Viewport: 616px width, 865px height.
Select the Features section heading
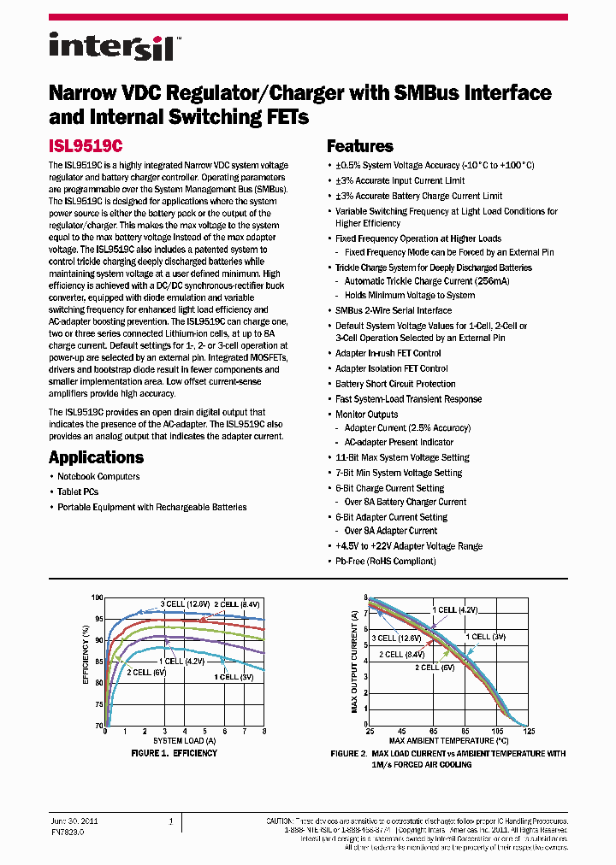tap(360, 146)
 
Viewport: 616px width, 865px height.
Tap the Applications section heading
tap(96, 457)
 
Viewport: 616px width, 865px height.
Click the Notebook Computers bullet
tap(98, 476)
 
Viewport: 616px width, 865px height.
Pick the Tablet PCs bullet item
tap(78, 491)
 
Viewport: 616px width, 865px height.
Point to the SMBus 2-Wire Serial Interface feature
tap(394, 310)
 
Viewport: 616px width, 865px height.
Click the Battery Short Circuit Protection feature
tap(395, 384)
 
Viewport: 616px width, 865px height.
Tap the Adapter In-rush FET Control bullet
tap(388, 353)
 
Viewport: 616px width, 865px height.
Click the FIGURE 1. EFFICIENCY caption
tap(174, 753)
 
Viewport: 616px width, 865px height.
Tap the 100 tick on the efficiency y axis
tap(97, 597)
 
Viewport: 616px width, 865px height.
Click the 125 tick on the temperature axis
tap(529, 731)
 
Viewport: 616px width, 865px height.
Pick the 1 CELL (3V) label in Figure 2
tap(485, 637)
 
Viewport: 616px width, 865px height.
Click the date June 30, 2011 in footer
tap(75, 821)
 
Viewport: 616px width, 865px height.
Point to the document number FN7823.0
tap(68, 830)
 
